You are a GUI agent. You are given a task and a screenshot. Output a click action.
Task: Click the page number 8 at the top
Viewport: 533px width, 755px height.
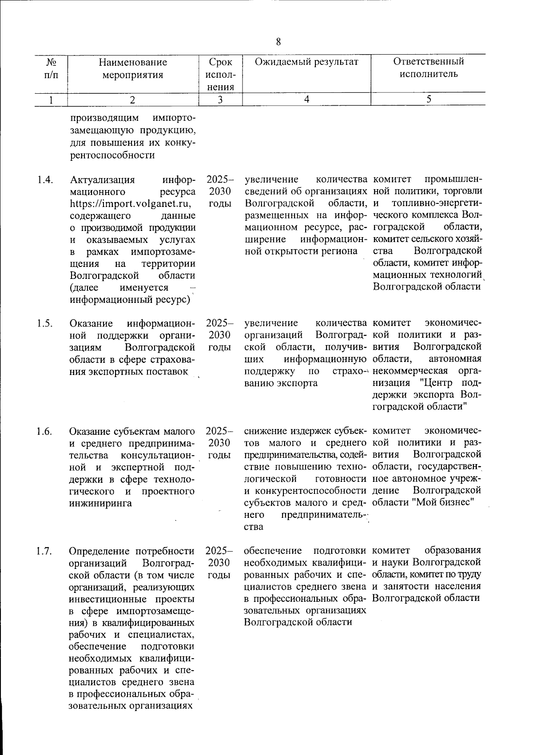(278, 42)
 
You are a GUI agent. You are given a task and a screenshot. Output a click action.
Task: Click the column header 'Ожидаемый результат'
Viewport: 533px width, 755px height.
(306, 62)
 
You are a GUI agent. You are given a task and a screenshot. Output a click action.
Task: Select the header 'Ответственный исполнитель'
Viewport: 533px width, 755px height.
(428, 68)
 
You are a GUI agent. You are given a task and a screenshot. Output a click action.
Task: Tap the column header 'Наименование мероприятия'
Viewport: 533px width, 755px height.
(133, 68)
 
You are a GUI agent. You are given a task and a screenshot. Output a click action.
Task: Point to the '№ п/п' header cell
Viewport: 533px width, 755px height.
(51, 68)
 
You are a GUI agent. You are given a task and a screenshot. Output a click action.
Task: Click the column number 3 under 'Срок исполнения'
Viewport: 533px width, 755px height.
(220, 100)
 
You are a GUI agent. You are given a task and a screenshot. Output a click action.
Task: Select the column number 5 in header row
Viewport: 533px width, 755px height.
(429, 100)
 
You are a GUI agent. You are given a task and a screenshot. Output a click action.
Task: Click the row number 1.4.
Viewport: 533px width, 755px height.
(45, 180)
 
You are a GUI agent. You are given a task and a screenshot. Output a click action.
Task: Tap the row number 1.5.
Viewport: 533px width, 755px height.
(45, 323)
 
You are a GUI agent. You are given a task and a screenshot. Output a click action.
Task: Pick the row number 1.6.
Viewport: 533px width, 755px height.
(45, 431)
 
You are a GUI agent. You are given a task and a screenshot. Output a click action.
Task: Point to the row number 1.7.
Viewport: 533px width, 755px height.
(45, 551)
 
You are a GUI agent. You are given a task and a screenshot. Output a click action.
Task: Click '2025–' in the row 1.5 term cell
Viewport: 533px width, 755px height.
(219, 323)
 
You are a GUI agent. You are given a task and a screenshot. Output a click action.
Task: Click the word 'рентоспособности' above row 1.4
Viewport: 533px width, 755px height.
(113, 155)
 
